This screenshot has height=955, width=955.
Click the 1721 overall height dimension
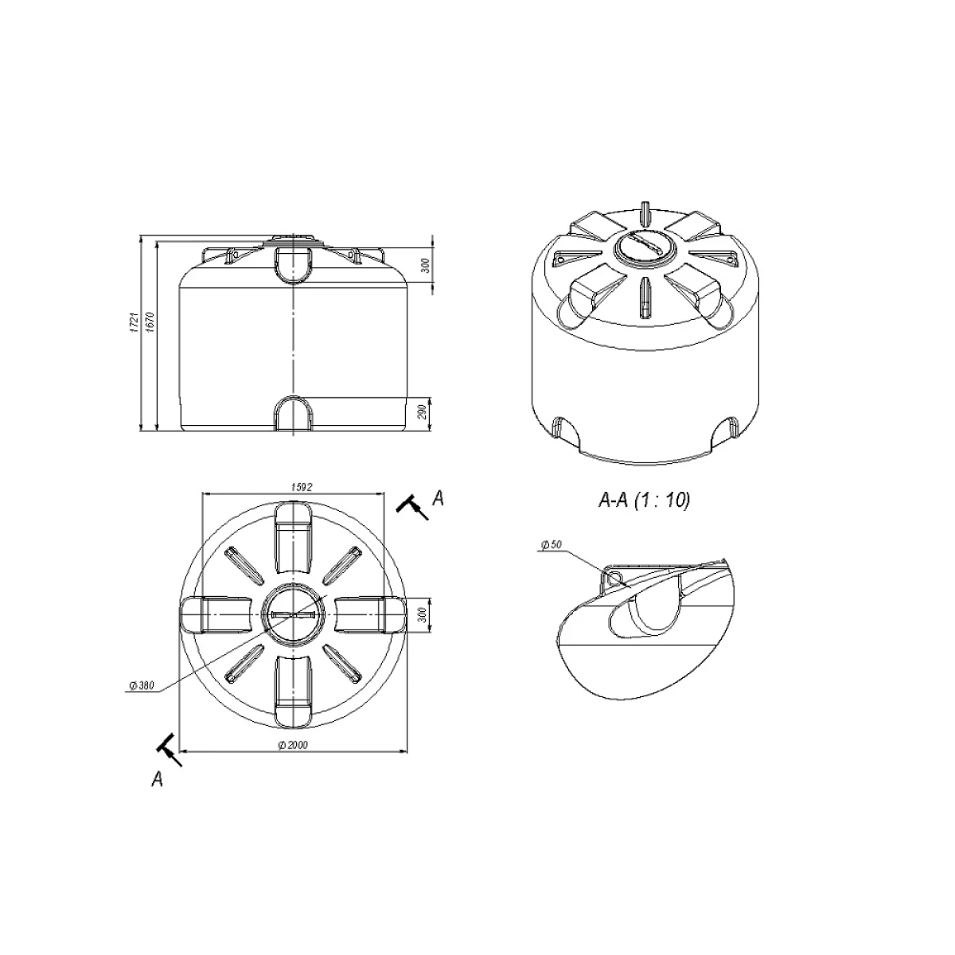134,322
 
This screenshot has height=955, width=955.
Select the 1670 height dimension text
151,322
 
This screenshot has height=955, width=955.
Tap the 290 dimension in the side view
423,412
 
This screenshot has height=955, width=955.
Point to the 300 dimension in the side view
425,265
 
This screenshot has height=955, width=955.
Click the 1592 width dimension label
302,487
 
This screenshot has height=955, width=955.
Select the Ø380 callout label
142,686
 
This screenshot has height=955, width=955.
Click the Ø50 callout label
552,544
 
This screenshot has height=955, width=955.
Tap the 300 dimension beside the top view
423,615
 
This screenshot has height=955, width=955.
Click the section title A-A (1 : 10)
644,500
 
